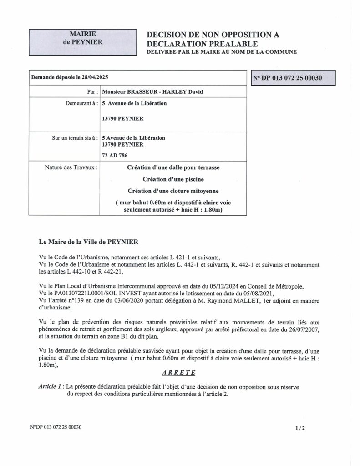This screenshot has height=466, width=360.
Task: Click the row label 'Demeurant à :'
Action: [x=81, y=103]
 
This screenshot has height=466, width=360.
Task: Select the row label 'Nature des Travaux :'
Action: [x=72, y=167]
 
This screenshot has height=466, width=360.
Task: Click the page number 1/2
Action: [x=299, y=428]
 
